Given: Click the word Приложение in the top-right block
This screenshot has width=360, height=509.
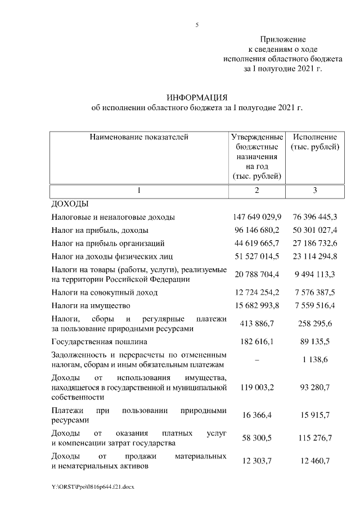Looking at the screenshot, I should click(282, 39).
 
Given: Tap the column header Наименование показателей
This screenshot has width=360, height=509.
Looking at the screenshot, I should click(138, 137).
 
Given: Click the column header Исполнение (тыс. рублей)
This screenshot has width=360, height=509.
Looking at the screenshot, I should click(315, 142).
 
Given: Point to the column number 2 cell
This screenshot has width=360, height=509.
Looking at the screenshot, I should click(256, 191).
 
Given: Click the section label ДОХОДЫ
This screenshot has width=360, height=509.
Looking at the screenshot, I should click(70, 204).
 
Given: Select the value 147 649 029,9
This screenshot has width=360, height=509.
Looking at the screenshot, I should click(257, 217).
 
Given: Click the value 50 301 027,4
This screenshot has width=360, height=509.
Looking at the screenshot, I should click(314, 231).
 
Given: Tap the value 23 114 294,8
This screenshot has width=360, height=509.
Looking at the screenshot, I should click(314, 257).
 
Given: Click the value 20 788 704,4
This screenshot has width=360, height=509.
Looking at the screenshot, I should click(257, 275).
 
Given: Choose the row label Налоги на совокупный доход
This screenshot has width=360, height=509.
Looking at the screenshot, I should click(105, 292).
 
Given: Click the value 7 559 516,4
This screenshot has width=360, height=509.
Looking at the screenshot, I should click(314, 306).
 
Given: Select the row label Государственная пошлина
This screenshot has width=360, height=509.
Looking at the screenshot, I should click(100, 341).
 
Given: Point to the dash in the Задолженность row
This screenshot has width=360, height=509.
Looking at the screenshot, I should click(257, 364).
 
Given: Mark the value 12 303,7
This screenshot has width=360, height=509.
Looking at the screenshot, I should click(257, 461).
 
